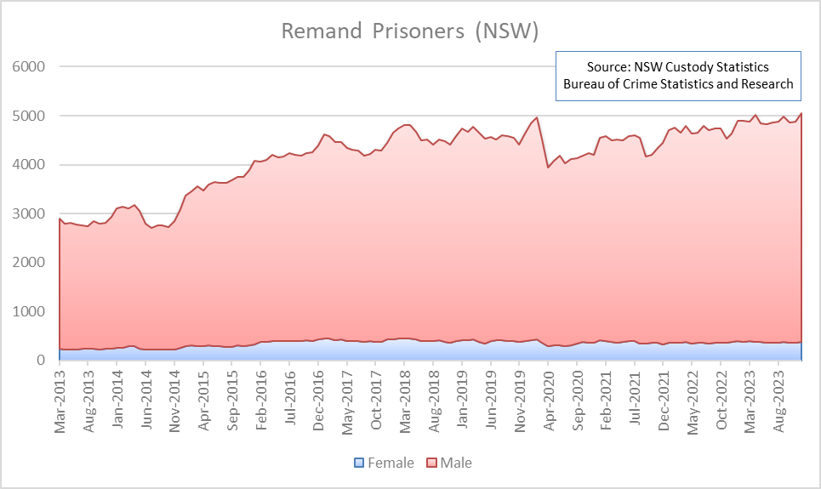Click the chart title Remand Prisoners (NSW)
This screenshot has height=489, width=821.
(410, 31)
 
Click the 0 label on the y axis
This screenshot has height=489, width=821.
(40, 361)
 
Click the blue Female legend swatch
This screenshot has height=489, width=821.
(359, 463)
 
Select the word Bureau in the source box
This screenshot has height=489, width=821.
(585, 83)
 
